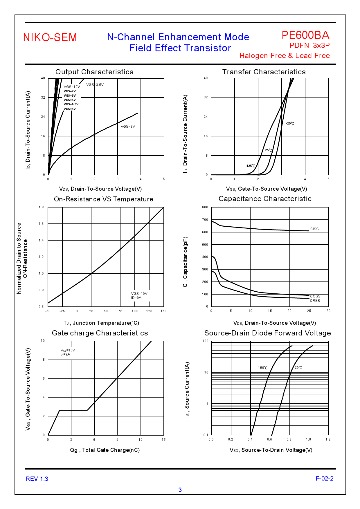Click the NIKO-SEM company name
coord(50,37)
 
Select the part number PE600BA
coord(305,35)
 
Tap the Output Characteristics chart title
coord(94,72)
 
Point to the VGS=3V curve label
coord(128,127)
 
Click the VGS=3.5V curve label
coord(95,85)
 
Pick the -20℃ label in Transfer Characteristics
coord(290,124)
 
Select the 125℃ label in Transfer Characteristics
coord(251,166)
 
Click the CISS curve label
coord(314,229)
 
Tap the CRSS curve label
coord(315,301)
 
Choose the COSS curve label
coord(315,296)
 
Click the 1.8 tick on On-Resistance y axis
coord(41,207)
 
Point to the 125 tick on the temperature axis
coord(149,311)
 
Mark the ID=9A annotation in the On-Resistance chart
coord(136,298)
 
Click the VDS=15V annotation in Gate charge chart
coord(68,350)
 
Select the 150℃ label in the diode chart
coord(263,368)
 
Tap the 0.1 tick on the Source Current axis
coord(206,435)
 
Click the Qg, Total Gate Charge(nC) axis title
coord(105,450)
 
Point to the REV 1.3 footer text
coord(37,479)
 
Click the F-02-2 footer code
coord(325,479)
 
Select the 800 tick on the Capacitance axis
coord(205,207)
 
